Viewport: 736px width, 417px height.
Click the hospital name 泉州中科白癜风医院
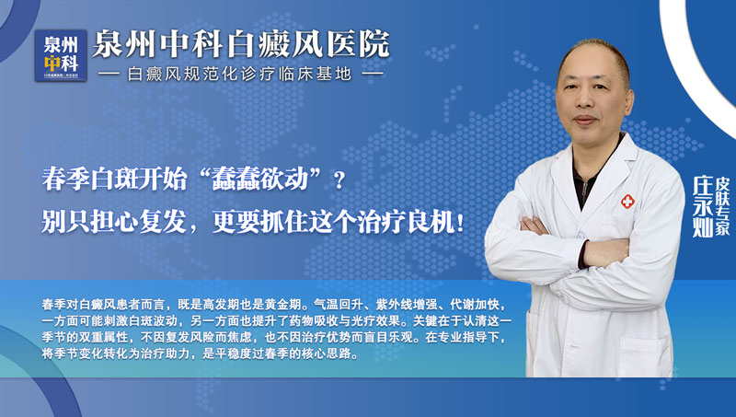[244, 43]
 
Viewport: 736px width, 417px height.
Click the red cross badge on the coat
[627, 203]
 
